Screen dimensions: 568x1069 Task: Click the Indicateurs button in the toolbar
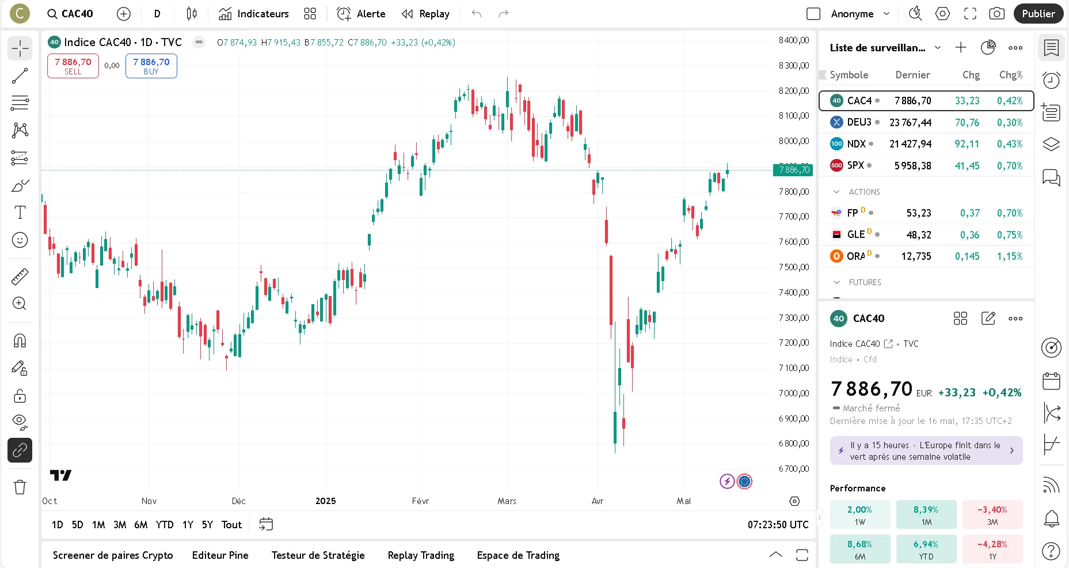pos(254,14)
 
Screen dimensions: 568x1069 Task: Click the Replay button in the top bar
pos(425,14)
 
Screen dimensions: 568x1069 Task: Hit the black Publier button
pos(1038,14)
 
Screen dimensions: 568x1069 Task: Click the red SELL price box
pos(73,66)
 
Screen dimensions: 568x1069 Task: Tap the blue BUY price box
pos(151,66)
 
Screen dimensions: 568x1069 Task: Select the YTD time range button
pos(165,525)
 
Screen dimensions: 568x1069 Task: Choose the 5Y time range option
pos(207,525)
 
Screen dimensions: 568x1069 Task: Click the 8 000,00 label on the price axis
pos(793,141)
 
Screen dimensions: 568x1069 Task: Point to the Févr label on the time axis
pos(420,501)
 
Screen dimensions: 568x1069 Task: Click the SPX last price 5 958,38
pos(912,166)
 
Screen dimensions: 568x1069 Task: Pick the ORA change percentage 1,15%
pos(1010,256)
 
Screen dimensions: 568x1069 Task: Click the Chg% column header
pos(1010,75)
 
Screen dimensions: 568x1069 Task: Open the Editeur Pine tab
pos(220,555)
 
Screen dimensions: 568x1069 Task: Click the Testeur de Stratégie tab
pos(318,555)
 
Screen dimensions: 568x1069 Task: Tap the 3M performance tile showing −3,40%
pos(992,515)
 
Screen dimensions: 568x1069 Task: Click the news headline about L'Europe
pos(926,451)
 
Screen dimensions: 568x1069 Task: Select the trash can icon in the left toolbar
pos(20,487)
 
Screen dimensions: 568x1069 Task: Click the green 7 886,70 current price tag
pos(794,170)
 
